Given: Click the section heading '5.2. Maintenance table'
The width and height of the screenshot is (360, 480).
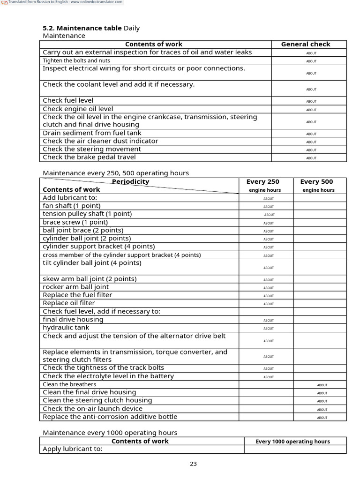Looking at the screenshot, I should coord(82,28).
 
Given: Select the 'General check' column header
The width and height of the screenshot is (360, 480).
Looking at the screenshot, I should coord(306,44).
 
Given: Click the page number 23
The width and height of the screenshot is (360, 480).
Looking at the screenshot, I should coord(193,464).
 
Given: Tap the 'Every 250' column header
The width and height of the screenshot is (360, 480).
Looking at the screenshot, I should coord(266,182).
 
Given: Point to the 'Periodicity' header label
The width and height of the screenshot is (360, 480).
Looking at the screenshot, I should coord(130,181).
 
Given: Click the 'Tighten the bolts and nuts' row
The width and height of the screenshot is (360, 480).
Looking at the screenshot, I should coord(76,60).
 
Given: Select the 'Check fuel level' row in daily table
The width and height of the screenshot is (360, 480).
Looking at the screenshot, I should coord(68,100).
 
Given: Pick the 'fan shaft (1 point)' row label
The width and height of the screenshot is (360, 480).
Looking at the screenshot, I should coord(71,206).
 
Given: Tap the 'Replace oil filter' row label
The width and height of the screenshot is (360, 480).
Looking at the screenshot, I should coord(68,303).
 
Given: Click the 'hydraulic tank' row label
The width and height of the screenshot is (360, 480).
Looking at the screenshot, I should coord(66,328).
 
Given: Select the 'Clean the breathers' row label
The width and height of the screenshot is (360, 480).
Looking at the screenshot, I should coord(69,384).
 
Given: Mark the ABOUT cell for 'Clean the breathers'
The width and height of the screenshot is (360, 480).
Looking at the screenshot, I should coord(322,385).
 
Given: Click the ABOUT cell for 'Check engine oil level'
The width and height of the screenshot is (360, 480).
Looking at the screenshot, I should coord(311,110).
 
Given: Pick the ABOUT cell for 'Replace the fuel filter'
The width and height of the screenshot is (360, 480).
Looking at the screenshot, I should coord(269,296).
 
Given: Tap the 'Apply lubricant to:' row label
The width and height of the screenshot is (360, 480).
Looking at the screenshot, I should coord(72,449).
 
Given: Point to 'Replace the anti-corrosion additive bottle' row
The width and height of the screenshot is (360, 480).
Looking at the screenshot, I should coord(110,417).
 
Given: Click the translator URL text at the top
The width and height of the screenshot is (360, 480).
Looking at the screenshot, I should coord(66,2).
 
